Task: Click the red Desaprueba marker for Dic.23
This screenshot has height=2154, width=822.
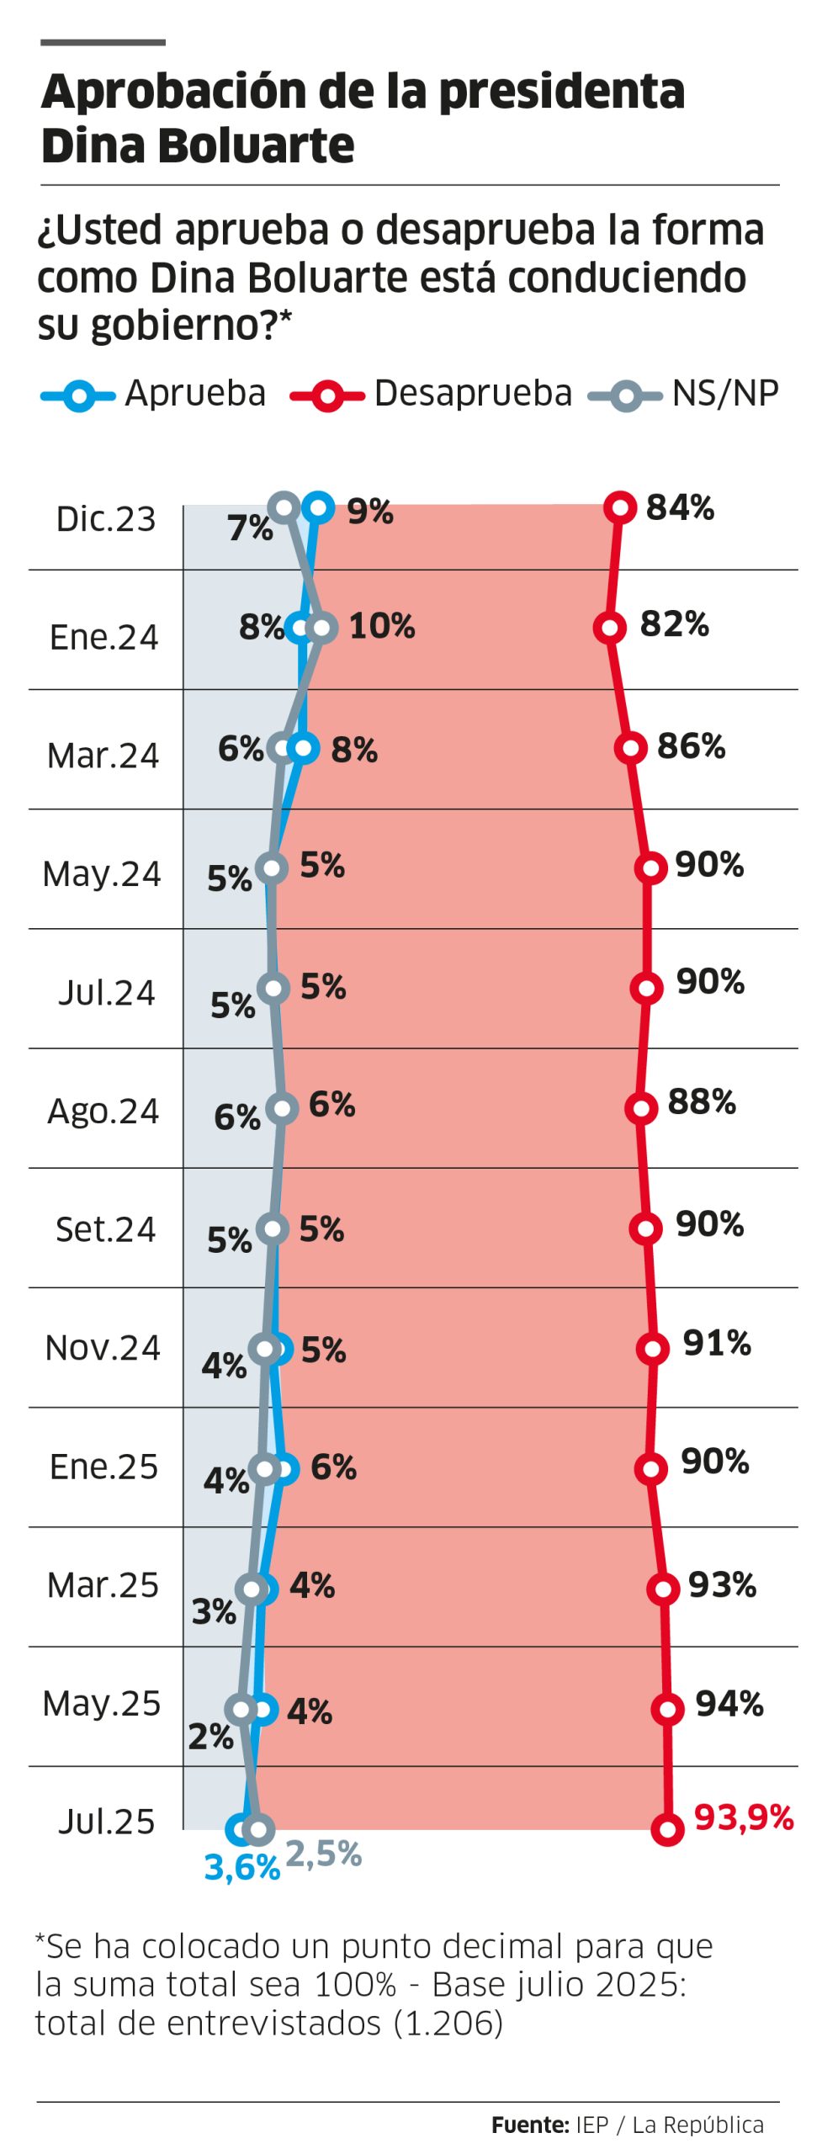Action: coord(620,507)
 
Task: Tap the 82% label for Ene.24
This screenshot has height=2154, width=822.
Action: coord(674,624)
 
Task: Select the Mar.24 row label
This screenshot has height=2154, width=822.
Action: coord(103,755)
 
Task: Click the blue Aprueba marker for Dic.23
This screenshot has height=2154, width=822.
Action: coord(318,507)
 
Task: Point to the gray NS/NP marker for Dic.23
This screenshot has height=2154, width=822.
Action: coord(284,507)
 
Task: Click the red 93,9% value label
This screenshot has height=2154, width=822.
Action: coord(743,1817)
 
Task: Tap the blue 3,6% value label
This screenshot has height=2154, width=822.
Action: coord(241,1867)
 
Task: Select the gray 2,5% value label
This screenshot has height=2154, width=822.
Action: coord(324,1854)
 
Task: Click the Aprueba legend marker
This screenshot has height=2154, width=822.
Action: coord(78,395)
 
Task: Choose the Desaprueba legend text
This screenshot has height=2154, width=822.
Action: coord(473,394)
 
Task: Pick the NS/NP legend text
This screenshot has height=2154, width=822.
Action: coord(725,394)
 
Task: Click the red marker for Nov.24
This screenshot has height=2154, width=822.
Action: coord(652,1348)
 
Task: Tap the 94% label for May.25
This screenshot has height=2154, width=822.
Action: coord(729,1704)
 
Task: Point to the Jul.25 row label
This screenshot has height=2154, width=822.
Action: coord(106,1822)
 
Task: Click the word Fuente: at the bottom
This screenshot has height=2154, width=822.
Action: coord(530,2125)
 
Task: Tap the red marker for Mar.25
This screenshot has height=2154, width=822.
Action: coord(663,1589)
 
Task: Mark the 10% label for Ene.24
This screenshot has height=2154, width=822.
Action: coord(382,626)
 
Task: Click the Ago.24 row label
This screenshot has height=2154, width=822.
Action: coord(103,1111)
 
